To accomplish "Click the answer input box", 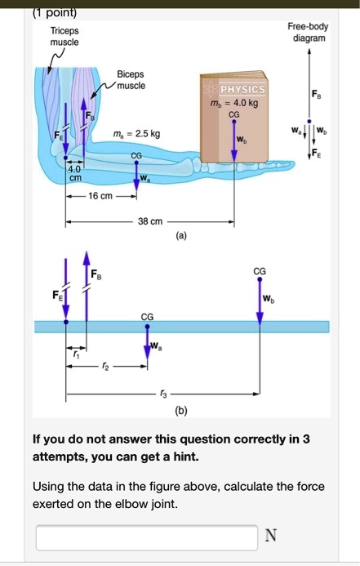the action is click(147, 537).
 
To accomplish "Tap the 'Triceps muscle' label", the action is click(64, 37).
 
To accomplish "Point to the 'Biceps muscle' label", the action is click(131, 80).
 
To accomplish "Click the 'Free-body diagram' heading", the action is click(309, 32).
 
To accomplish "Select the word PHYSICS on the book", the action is click(242, 89).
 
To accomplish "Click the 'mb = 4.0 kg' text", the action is click(234, 103).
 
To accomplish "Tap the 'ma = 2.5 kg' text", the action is click(136, 134).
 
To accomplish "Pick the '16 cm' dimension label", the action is click(100, 196).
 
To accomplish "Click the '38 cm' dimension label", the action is click(150, 221).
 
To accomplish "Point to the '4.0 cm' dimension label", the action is click(75, 173).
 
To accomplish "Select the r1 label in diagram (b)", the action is click(76, 354).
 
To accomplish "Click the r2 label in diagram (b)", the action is click(105, 367).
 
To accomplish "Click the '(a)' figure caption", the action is click(181, 236).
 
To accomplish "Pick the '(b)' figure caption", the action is click(181, 411).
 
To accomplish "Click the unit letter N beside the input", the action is click(271, 535).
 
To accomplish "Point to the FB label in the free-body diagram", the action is click(317, 95).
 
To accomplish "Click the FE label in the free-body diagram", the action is click(316, 153).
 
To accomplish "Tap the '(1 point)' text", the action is click(55, 12).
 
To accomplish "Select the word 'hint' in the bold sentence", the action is click(186, 457).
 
